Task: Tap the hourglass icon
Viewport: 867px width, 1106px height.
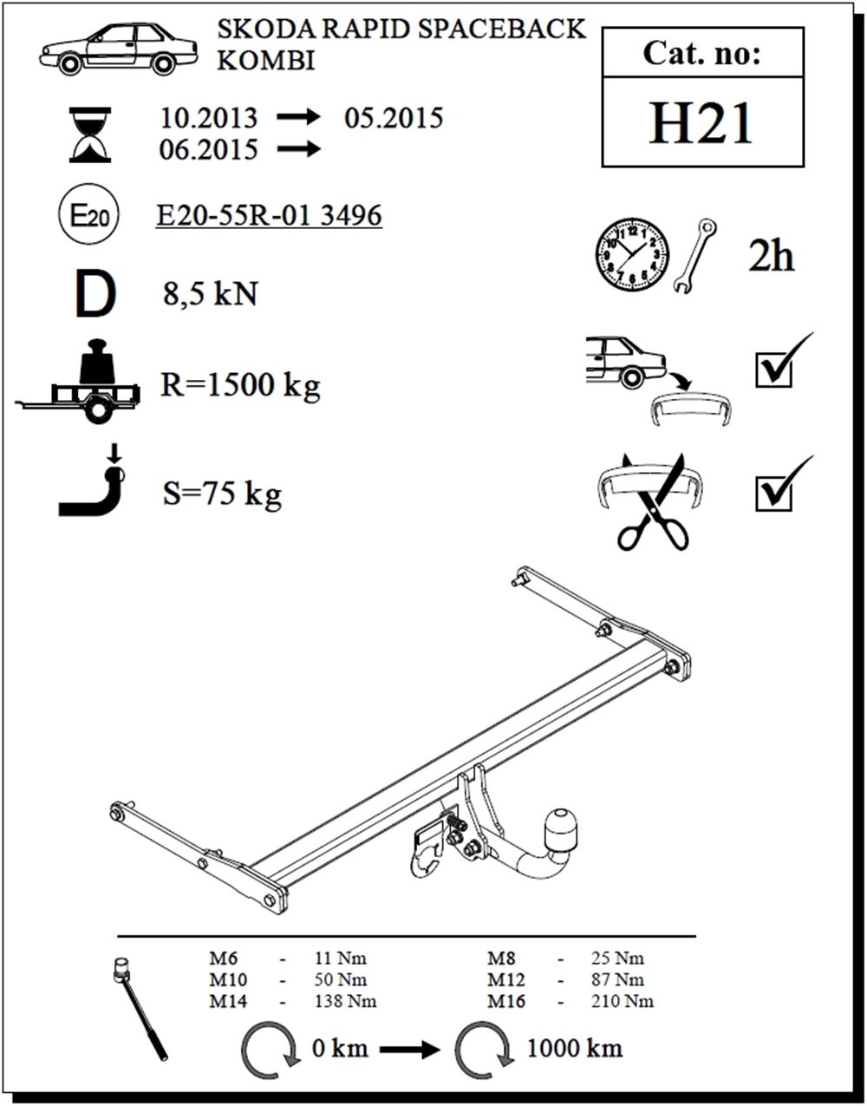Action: pyautogui.click(x=91, y=134)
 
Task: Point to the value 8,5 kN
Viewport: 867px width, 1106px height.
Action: pyautogui.click(x=210, y=294)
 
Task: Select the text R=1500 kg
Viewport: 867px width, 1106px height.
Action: pyautogui.click(x=240, y=384)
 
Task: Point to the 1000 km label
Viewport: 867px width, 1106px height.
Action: pyautogui.click(x=574, y=1047)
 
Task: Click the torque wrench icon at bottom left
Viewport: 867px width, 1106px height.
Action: pyautogui.click(x=141, y=1006)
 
